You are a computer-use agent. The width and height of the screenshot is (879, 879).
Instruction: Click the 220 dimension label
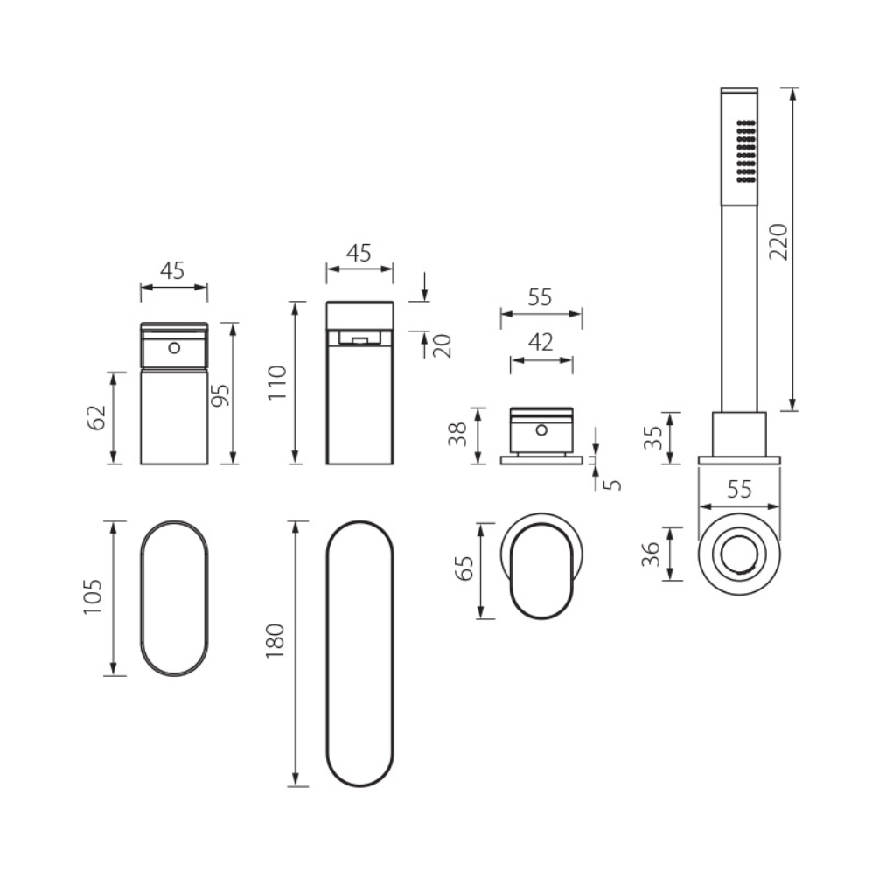click(778, 241)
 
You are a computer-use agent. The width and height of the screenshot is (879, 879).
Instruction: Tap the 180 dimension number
click(276, 640)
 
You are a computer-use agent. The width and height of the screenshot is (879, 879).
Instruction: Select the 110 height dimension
click(277, 382)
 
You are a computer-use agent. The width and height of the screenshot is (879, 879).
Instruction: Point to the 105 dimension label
click(93, 596)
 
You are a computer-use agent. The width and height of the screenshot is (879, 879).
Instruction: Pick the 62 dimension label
click(96, 417)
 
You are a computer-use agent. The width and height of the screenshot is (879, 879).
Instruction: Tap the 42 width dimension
click(541, 342)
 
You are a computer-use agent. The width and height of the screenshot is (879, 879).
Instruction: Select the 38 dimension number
click(457, 435)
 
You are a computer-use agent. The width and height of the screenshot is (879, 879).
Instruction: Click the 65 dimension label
click(464, 568)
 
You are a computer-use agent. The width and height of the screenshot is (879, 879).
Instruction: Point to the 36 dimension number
click(651, 555)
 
